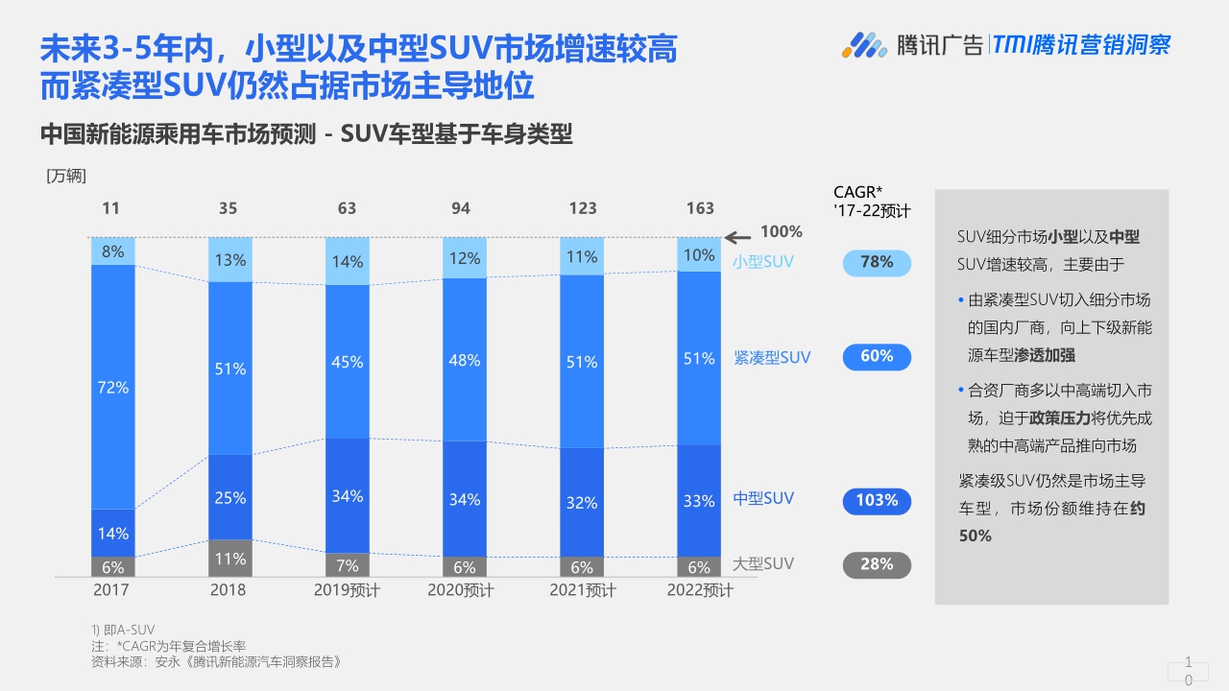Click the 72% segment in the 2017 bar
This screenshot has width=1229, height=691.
(113, 387)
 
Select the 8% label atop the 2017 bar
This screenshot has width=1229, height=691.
(113, 251)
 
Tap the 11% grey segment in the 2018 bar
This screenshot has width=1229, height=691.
(230, 559)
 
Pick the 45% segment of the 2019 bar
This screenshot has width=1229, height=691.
(347, 362)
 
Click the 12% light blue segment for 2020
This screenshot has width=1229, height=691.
(464, 258)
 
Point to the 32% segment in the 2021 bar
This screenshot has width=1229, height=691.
(582, 502)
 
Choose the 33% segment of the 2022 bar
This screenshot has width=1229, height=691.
(699, 500)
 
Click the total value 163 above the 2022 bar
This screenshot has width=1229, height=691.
(700, 208)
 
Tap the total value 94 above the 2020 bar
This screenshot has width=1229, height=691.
(461, 208)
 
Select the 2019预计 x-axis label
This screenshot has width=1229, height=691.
(347, 590)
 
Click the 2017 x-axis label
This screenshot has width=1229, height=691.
(111, 590)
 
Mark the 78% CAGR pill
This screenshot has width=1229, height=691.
(877, 262)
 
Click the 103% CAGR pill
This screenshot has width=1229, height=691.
(877, 500)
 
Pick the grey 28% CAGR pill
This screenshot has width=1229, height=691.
(877, 564)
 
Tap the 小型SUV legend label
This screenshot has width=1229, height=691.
(763, 261)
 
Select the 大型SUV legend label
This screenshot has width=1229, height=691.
(763, 563)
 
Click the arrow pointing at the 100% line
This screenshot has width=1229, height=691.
(737, 237)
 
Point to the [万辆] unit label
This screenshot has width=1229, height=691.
(66, 176)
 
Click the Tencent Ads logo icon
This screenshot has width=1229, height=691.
(864, 44)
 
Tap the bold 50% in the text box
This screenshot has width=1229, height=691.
(976, 536)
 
